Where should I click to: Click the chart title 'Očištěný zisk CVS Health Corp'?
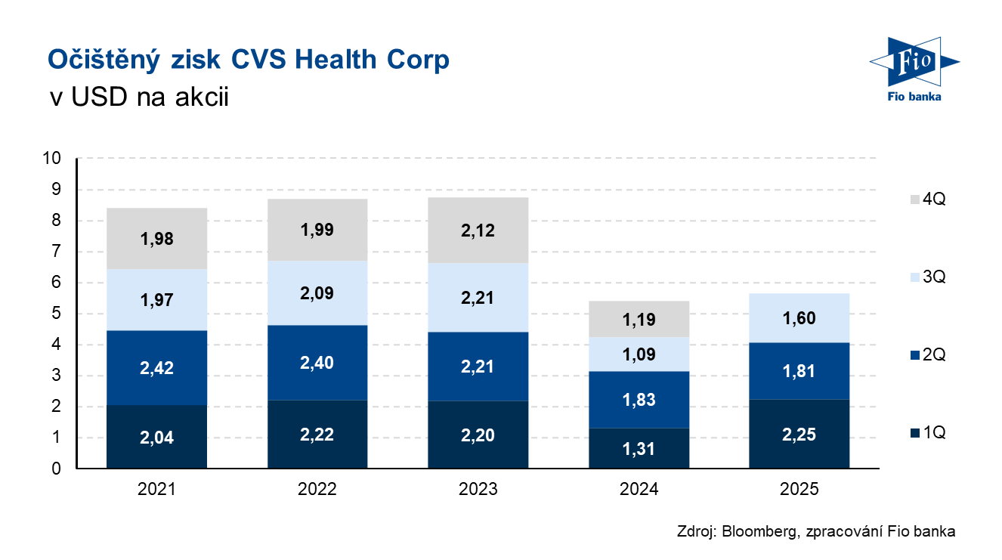249,60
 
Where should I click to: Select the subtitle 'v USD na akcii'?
138,97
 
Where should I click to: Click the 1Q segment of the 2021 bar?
156,437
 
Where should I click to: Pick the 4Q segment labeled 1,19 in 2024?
639,319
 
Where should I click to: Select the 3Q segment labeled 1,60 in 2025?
799,317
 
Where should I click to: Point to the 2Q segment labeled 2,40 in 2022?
317,362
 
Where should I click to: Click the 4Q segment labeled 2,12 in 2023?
478,230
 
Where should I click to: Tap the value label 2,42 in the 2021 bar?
156,368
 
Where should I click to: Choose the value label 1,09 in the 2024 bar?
639,354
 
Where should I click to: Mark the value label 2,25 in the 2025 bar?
799,434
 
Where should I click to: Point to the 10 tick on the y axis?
53,159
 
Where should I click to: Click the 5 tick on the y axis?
57,314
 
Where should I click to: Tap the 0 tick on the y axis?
57,469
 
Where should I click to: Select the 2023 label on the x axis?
478,490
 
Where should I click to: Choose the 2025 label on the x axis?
799,490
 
